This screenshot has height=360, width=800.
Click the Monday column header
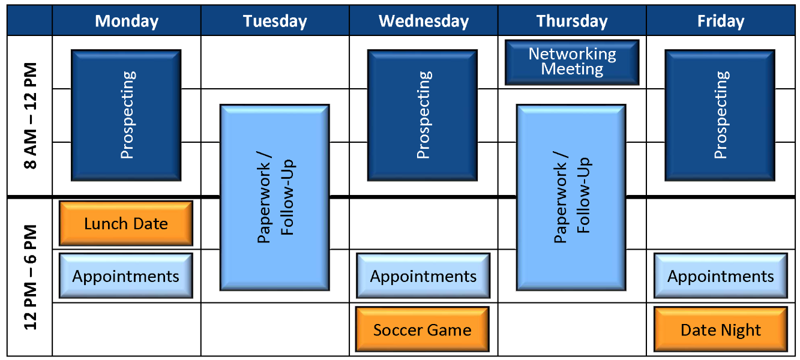(127, 22)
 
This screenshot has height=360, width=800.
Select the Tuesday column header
(275, 22)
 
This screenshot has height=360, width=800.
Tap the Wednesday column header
(423, 22)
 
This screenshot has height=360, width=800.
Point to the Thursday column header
(572, 22)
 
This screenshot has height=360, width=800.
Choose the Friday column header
(721, 22)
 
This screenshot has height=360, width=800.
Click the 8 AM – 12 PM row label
(29, 115)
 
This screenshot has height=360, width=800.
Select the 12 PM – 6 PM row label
(29, 277)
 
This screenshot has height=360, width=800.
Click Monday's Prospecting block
(126, 115)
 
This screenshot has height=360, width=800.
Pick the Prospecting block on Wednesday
(423, 115)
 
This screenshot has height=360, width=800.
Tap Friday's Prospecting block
(720, 115)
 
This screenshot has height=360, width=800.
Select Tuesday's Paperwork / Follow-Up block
(275, 197)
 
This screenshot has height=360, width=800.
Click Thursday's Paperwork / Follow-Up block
(571, 197)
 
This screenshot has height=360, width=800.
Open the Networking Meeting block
(572, 62)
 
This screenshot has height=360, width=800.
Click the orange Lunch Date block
(126, 223)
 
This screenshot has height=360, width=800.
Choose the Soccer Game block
(423, 329)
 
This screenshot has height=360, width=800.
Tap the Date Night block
(720, 329)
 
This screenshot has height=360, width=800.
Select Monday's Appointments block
(126, 276)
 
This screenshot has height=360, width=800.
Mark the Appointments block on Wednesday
(423, 276)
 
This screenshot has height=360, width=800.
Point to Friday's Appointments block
(720, 276)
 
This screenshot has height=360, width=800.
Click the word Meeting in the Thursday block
(572, 69)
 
